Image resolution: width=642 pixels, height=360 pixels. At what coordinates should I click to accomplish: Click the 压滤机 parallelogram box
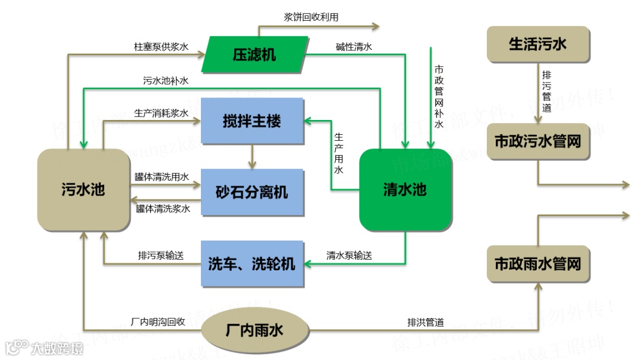pyautogui.click(x=254, y=55)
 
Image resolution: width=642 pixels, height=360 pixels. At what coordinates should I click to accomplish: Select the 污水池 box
pyautogui.click(x=83, y=190)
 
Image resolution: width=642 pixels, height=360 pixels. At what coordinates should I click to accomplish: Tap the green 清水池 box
pyautogui.click(x=405, y=190)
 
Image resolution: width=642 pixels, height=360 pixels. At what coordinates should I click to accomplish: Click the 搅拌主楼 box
pyautogui.click(x=252, y=122)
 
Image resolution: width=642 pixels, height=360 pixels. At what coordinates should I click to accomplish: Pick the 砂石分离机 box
pyautogui.click(x=252, y=192)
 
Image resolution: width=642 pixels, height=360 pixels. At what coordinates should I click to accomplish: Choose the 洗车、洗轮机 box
pyautogui.click(x=252, y=264)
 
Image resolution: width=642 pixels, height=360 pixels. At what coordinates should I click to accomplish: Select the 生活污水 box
pyautogui.click(x=538, y=45)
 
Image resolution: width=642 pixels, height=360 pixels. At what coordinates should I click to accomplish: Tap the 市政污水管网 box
pyautogui.click(x=538, y=141)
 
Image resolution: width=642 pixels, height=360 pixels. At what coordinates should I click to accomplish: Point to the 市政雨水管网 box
pyautogui.click(x=538, y=264)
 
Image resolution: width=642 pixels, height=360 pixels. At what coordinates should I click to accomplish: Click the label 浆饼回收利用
pyautogui.click(x=311, y=17)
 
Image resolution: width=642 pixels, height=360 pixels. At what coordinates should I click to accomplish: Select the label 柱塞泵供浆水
pyautogui.click(x=161, y=46)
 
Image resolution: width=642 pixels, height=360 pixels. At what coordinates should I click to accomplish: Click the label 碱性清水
pyautogui.click(x=354, y=46)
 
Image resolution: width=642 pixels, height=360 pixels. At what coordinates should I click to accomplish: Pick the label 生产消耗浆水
pyautogui.click(x=161, y=113)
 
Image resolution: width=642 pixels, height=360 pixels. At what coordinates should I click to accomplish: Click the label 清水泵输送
pyautogui.click(x=350, y=255)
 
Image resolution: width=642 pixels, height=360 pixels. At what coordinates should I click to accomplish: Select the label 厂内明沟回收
pyautogui.click(x=158, y=322)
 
